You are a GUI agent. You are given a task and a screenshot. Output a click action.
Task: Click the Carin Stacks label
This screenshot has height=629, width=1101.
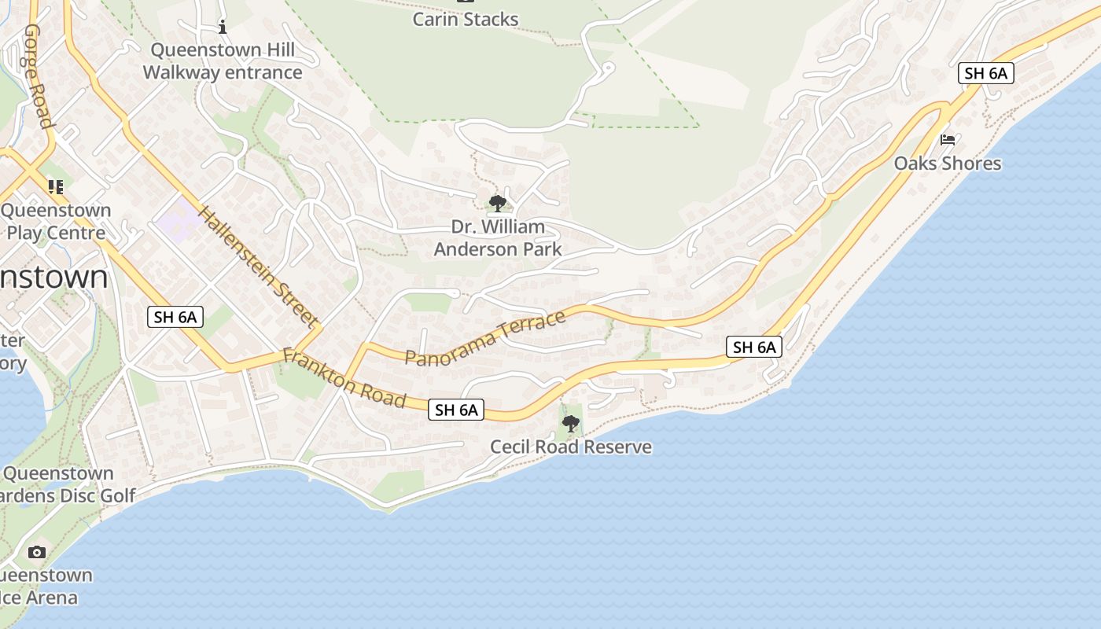[466, 19]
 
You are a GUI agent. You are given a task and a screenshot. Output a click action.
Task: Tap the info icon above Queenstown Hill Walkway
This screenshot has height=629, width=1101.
[223, 28]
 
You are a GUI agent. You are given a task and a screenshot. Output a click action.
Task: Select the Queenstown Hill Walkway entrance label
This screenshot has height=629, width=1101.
[223, 61]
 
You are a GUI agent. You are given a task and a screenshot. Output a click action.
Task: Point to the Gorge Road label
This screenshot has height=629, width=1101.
[38, 75]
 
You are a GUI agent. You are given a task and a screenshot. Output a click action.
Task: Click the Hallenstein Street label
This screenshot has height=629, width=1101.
[258, 267]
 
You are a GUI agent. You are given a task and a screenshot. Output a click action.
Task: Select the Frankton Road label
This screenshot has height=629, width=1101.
[344, 378]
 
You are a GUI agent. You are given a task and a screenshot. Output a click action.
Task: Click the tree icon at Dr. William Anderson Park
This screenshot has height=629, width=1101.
[497, 204]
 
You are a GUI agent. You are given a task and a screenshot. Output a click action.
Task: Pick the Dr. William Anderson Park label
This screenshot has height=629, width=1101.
[498, 238]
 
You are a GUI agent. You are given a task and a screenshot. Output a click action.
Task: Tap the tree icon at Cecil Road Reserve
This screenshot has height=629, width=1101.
[570, 424]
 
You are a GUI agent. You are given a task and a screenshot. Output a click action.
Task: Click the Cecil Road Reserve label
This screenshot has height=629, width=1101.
[571, 447]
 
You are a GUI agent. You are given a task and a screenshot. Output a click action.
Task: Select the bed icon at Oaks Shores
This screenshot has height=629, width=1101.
[948, 140]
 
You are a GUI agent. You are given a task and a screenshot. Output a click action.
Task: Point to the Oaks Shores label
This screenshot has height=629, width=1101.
[948, 164]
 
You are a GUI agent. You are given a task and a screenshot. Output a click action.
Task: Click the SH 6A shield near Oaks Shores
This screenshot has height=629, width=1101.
[985, 73]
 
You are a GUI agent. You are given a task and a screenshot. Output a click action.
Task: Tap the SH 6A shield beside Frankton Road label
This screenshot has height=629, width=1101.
[456, 410]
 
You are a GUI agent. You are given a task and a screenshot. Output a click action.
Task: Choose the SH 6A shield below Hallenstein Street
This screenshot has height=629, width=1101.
[176, 318]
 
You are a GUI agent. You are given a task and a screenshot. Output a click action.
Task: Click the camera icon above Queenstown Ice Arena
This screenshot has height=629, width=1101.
[37, 552]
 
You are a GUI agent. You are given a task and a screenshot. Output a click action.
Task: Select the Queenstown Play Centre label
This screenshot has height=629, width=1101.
[55, 222]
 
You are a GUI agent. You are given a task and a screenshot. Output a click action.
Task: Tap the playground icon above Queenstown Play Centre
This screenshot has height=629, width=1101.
[55, 186]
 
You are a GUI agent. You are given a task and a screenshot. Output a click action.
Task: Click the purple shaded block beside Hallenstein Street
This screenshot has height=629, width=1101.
[177, 219]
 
